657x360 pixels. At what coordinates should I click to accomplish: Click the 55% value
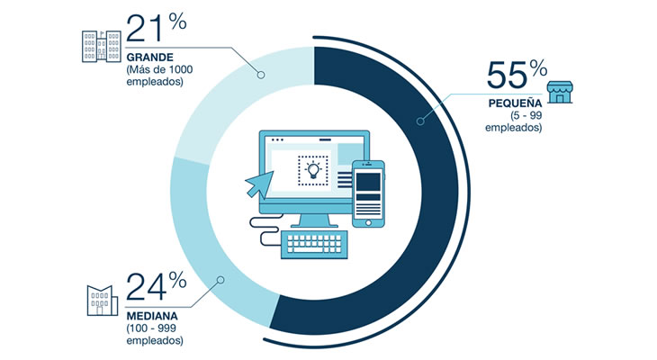click(x=517, y=74)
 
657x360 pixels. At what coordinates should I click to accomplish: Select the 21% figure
click(x=156, y=28)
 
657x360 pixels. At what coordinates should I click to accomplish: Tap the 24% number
click(x=156, y=286)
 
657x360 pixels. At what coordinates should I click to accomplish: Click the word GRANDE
click(x=149, y=57)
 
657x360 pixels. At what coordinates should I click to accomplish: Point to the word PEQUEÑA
click(x=515, y=103)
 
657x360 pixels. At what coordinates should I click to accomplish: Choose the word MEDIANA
click(x=152, y=316)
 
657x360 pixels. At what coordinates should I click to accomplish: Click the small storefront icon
click(x=560, y=92)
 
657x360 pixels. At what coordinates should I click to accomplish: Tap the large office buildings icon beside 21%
click(x=102, y=46)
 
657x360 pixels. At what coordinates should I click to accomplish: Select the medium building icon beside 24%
click(x=103, y=301)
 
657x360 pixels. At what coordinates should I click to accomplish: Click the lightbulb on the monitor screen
click(x=313, y=170)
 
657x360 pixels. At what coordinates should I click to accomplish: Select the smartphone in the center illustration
click(x=368, y=193)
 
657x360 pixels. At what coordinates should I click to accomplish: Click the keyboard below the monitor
click(x=314, y=244)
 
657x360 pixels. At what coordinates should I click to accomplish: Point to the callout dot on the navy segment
click(x=420, y=121)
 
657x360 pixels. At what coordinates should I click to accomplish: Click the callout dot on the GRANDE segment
click(x=261, y=75)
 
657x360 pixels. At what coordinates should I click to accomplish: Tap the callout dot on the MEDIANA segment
click(x=220, y=280)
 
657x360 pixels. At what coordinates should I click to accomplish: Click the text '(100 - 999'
click(x=151, y=328)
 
